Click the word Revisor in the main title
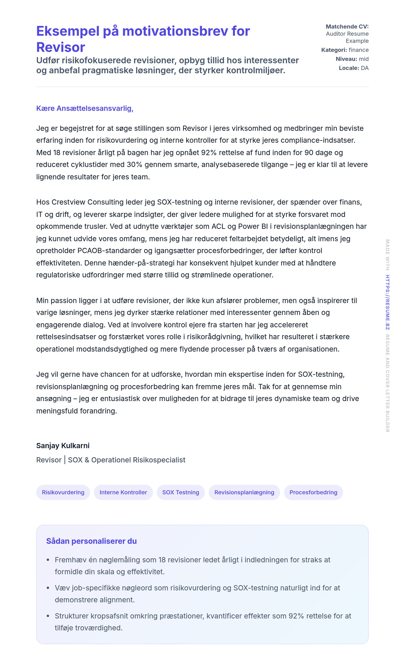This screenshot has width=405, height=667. click(x=61, y=47)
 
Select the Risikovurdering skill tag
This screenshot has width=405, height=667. click(x=63, y=492)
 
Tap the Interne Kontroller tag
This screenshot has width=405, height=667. click(x=123, y=492)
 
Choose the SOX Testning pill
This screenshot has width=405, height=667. click(x=181, y=492)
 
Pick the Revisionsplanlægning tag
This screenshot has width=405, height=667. click(x=244, y=492)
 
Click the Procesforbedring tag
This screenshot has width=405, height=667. click(x=313, y=492)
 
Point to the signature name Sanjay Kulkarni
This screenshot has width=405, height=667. click(x=63, y=446)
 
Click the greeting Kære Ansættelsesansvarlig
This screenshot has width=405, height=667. click(x=85, y=108)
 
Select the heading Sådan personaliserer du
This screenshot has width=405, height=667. click(x=91, y=541)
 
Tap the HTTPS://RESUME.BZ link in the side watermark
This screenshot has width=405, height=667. click(x=387, y=302)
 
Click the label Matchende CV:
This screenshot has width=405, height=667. click(x=347, y=27)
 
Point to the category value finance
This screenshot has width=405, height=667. click(x=358, y=50)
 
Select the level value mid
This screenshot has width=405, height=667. click(x=364, y=59)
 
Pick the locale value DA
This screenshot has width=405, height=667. click(x=364, y=68)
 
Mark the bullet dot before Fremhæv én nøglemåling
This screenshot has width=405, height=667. click(x=48, y=560)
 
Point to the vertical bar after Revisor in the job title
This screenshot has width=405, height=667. click(x=65, y=460)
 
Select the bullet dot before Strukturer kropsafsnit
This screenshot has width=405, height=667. click(x=48, y=616)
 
